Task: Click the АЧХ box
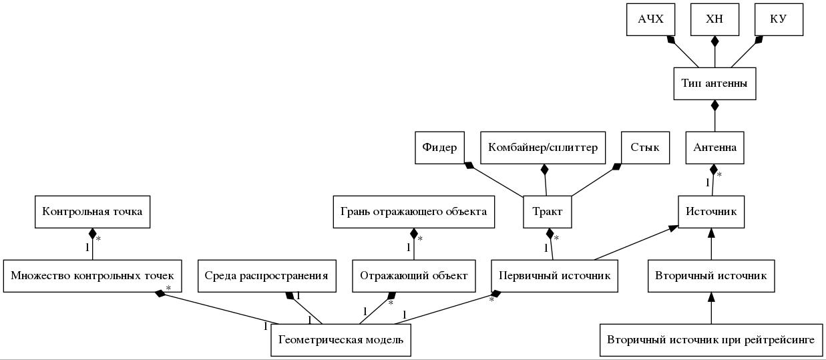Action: point(651,19)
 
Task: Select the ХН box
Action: point(714,19)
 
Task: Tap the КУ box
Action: point(779,19)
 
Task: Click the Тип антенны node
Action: point(714,83)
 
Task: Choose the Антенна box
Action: point(714,148)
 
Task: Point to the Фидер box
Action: point(439,148)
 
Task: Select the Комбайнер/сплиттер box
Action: point(543,148)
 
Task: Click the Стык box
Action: point(645,148)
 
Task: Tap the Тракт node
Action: point(548,212)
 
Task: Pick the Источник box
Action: point(711,212)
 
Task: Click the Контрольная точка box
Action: point(93,212)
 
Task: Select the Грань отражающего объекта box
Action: point(414,212)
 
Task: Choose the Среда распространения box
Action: point(267,276)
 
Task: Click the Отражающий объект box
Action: point(414,276)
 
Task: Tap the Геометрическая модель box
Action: point(341,340)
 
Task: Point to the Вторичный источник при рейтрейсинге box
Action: point(711,340)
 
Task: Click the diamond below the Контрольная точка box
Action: point(93,234)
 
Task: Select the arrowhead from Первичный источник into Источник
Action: point(673,228)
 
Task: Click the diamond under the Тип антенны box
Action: point(715,106)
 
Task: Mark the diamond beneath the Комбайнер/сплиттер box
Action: point(545,169)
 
